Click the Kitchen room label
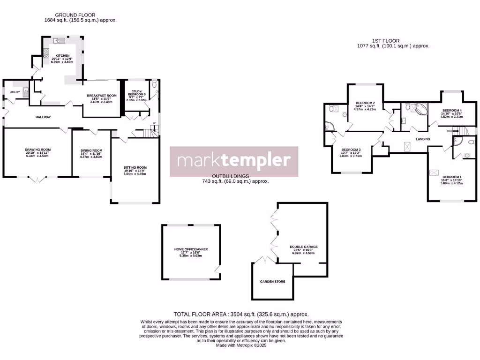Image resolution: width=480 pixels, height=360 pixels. pyautogui.click(x=63, y=55)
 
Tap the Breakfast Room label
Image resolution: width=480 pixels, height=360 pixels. pyautogui.click(x=102, y=96)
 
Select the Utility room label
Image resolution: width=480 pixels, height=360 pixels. pyautogui.click(x=14, y=92)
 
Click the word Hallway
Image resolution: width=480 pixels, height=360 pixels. pyautogui.click(x=43, y=117)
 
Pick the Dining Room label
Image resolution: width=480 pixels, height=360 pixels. pyautogui.click(x=91, y=150)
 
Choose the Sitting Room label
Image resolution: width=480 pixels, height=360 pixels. pyautogui.click(x=135, y=167)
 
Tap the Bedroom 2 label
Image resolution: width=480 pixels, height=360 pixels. pyautogui.click(x=365, y=103)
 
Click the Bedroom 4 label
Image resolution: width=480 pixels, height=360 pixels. pyautogui.click(x=452, y=110)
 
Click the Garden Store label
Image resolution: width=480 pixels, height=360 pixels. pyautogui.click(x=272, y=282)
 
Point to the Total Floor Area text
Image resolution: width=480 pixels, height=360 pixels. pyautogui.click(x=241, y=315)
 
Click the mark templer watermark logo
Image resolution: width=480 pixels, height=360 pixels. pyautogui.click(x=234, y=161)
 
